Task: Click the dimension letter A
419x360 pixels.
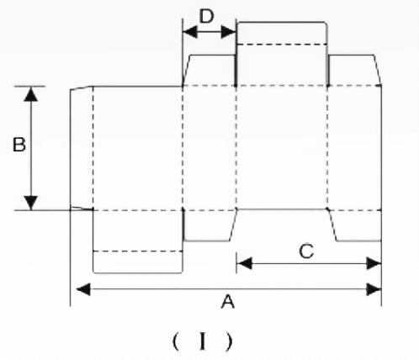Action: click(228, 302)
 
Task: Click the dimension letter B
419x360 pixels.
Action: click(19, 145)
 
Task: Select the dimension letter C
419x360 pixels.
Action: click(306, 251)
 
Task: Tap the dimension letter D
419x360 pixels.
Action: click(206, 16)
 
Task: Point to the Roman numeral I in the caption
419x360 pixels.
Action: click(203, 341)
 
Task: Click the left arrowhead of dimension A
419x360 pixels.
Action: click(83, 289)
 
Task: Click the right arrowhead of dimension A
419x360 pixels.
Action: click(374, 289)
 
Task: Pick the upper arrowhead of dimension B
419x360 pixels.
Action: click(31, 94)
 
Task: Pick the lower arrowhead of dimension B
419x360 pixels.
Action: click(31, 203)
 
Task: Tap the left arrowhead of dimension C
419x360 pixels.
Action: click(244, 263)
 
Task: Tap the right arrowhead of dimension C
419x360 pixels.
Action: click(374, 263)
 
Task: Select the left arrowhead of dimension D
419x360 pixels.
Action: click(190, 32)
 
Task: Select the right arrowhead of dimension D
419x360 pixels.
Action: click(228, 32)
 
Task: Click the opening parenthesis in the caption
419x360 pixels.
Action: click(176, 341)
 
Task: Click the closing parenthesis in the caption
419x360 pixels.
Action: click(230, 341)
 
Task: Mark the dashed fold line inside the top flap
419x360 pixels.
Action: click(282, 45)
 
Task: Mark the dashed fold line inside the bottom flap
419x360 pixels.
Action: click(138, 251)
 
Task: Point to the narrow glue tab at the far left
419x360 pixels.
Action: click(82, 148)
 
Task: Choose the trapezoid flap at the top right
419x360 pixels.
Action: click(354, 70)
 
